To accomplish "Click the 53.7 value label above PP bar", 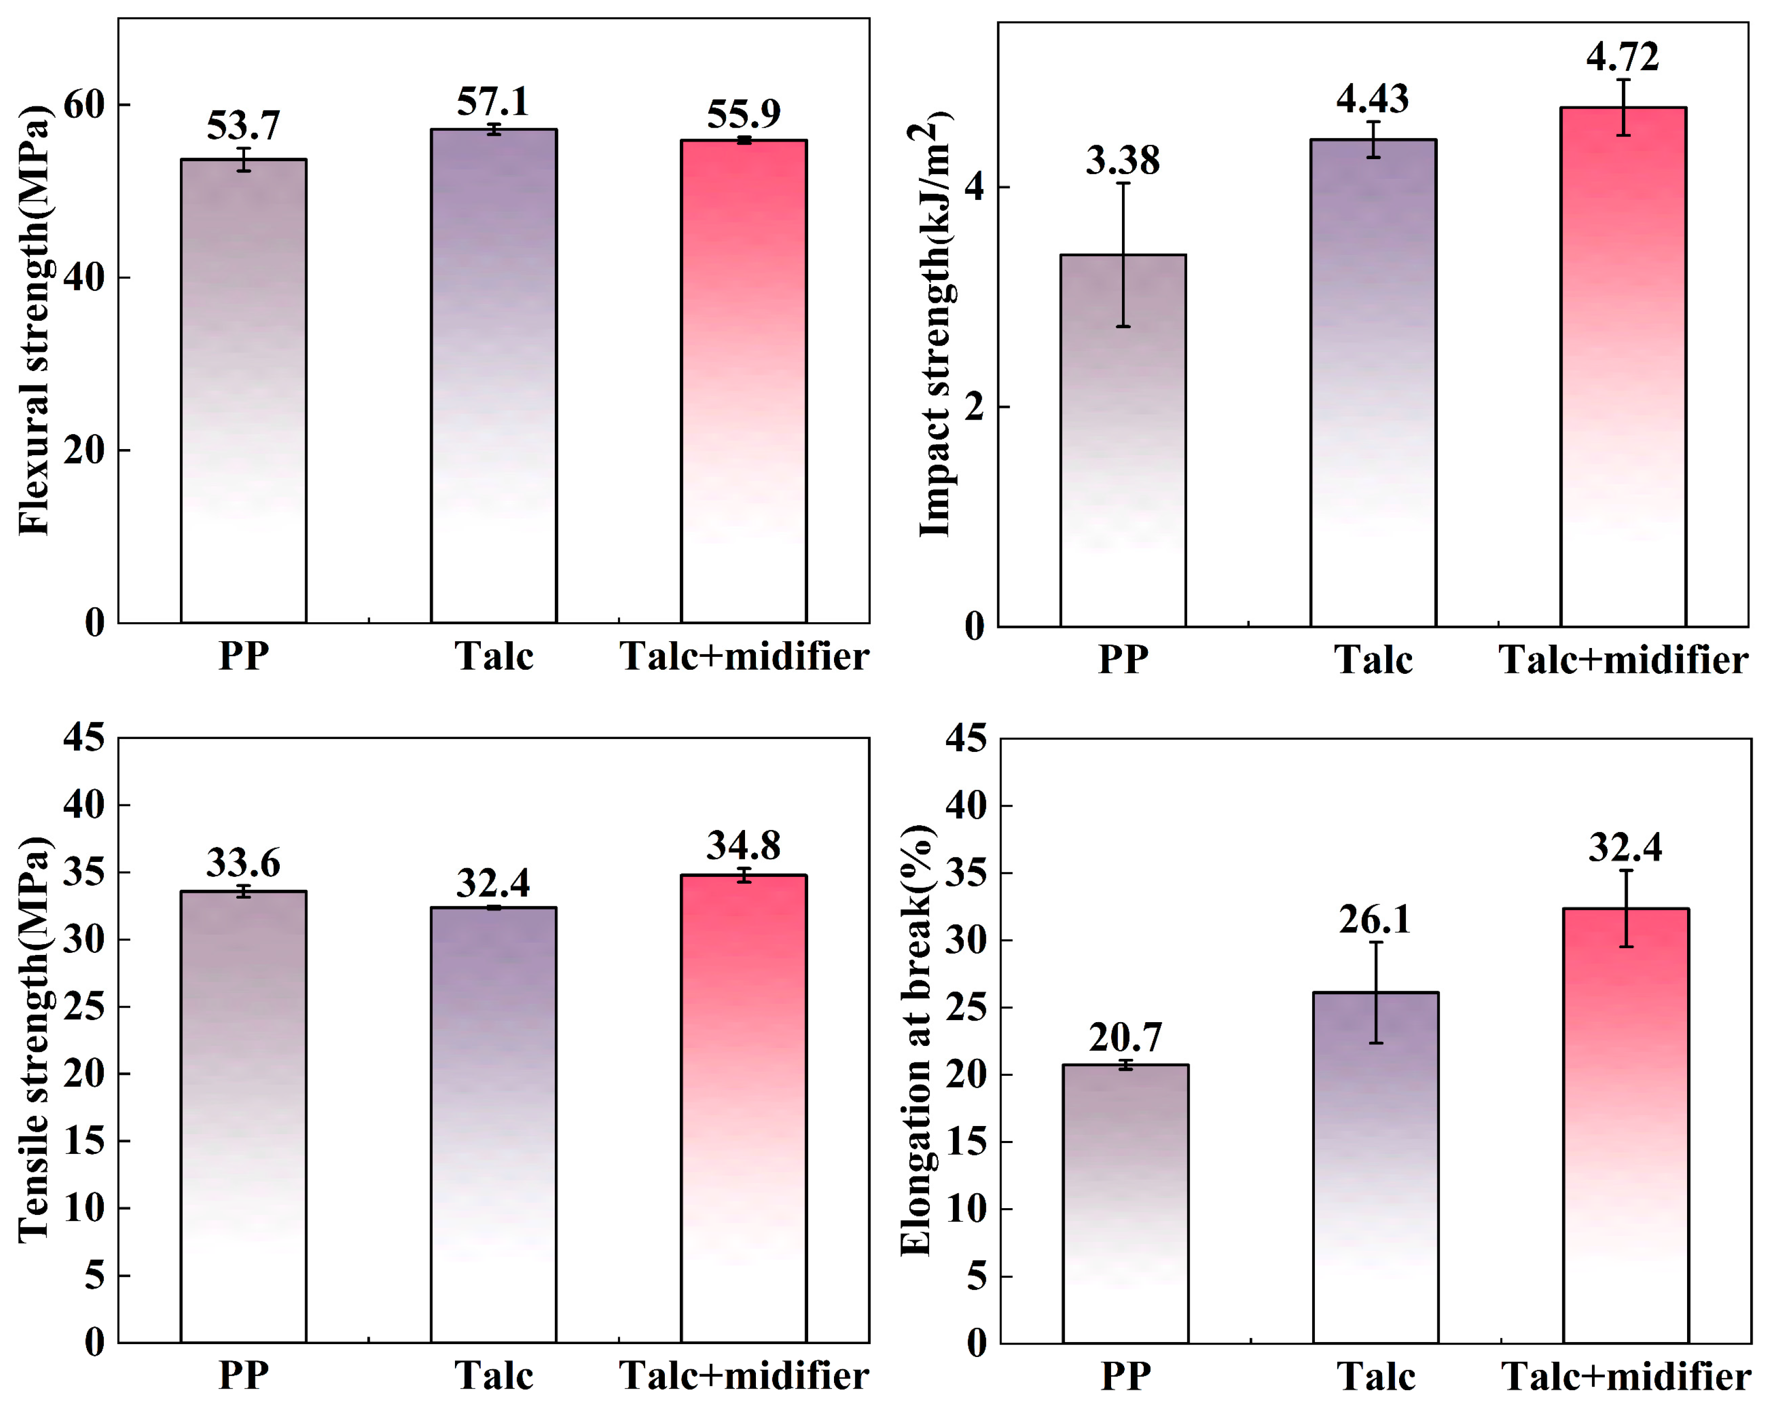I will [x=244, y=126].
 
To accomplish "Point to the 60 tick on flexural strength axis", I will [x=85, y=105].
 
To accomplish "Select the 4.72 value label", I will [x=1622, y=57].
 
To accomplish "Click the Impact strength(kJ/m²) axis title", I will [x=935, y=325].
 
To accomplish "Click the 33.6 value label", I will [x=244, y=862].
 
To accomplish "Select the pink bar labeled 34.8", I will [x=744, y=1109].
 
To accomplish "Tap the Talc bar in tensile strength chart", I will [x=493, y=1126].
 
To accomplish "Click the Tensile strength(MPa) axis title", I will [x=35, y=1039].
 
